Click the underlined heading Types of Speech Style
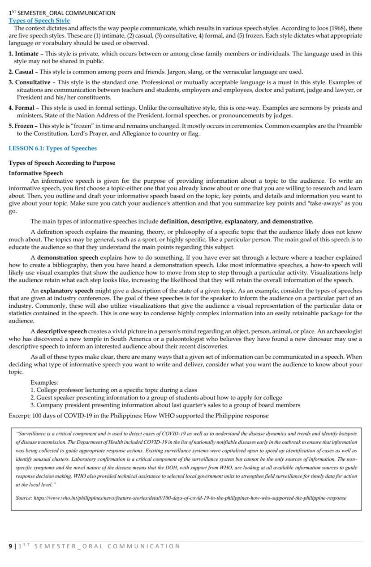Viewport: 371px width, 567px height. tap(39, 21)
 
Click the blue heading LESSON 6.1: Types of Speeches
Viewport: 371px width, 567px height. tap(52, 148)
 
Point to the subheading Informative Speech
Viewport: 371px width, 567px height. tap(35, 173)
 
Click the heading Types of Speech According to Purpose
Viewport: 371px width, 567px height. tap(61, 163)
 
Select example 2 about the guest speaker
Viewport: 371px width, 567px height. tap(156, 398)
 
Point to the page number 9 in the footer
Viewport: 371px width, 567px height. tap(10, 546)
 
